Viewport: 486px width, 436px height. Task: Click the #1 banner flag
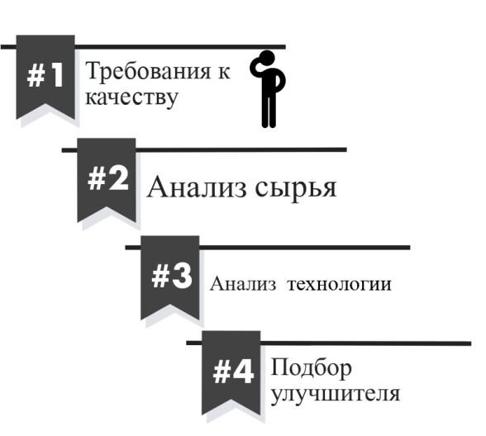pos(45,74)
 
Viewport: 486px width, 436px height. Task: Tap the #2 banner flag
pos(107,178)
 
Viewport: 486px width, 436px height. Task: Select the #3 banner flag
pos(170,276)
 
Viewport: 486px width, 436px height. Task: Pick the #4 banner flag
pos(231,371)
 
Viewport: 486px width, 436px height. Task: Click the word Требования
pos(148,72)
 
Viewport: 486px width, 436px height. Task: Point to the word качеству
pos(131,98)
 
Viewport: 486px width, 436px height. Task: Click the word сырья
pos(296,188)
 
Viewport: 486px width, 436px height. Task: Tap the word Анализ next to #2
pos(197,187)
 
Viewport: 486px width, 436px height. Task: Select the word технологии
pos(340,284)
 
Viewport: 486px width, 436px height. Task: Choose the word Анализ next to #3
pos(243,283)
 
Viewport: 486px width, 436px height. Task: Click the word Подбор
pos(311,368)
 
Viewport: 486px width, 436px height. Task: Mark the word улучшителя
pos(336,395)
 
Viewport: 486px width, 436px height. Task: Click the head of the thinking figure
pos(267,58)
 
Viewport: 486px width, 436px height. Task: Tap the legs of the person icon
pos(269,110)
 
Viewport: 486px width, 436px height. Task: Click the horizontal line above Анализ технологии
pos(268,248)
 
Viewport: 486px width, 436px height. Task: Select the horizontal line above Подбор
pos(329,344)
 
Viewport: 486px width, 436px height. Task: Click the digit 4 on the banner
pos(242,372)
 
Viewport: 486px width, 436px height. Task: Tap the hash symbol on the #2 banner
pos(97,179)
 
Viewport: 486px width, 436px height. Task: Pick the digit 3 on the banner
pos(182,277)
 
